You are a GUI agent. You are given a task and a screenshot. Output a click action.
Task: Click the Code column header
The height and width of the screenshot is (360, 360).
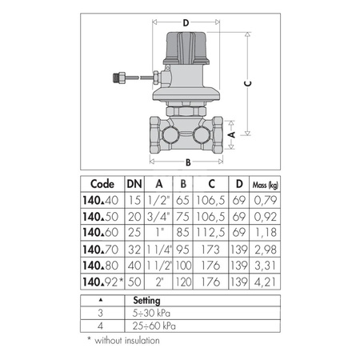(101, 182)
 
